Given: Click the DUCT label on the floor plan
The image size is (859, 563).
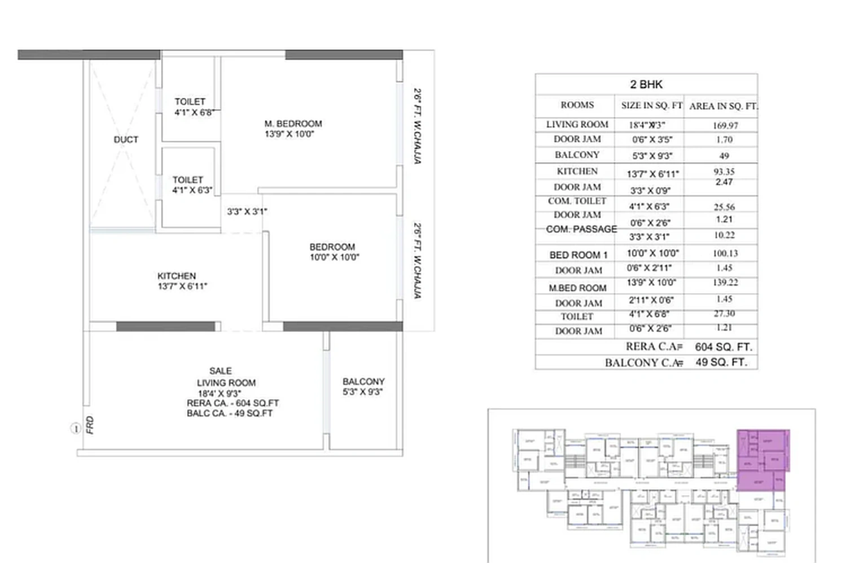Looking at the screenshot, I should pos(126,139).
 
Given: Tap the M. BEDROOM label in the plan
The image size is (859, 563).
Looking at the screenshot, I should pos(293,124).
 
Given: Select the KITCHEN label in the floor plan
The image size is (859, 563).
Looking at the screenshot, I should pos(177,276).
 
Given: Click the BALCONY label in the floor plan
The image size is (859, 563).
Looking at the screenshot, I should pos(363,381).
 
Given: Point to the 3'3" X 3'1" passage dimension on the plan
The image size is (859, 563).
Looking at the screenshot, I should pos(247,212).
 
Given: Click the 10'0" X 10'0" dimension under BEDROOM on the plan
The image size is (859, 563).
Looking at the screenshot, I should pos(334,257).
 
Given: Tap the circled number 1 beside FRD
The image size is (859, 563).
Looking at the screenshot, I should pos(75,429).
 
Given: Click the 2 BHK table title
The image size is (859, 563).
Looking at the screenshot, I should pos(646,85).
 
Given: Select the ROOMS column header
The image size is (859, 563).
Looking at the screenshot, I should pos(577,105).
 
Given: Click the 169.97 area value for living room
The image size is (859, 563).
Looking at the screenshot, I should pos(725,125).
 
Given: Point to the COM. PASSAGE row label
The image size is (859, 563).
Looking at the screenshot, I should pos(581,229).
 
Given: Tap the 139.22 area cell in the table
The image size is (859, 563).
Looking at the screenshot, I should pos(725,282).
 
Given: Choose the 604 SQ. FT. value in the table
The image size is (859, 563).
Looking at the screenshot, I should pos(723,347).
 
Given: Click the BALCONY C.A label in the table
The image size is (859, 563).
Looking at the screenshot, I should pos(643,363).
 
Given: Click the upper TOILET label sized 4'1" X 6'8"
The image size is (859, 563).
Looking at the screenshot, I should pos(190,102).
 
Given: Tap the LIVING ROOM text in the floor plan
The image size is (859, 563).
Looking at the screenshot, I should pos(226,382).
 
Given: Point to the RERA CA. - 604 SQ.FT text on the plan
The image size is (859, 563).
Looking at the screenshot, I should pos(233,403).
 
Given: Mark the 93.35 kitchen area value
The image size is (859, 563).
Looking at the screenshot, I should pos(724,171).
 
